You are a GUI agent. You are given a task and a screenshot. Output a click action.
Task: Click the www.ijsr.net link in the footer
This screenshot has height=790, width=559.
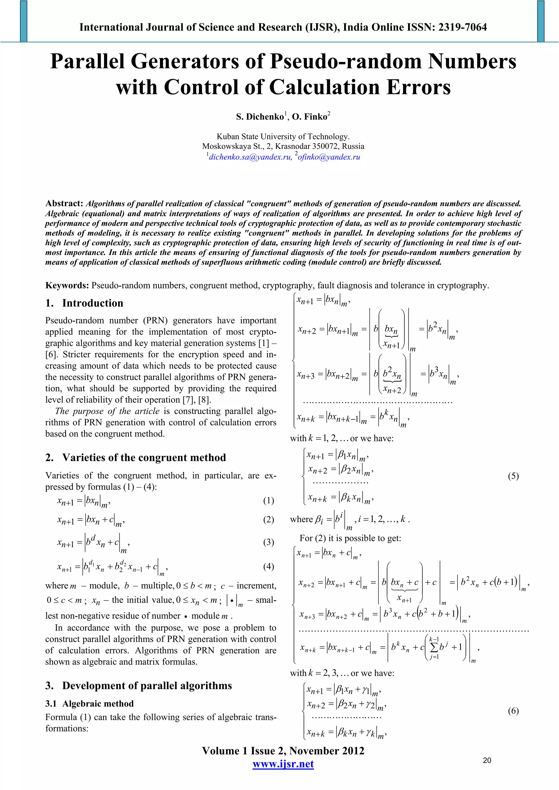(283, 764)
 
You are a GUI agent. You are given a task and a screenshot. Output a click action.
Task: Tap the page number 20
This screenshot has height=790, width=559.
(487, 760)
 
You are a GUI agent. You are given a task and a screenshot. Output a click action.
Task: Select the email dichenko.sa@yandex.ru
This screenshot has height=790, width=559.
(250, 157)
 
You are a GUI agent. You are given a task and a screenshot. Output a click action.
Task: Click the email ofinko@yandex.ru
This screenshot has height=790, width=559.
(329, 157)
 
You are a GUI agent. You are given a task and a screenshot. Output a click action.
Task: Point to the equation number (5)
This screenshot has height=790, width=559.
(513, 476)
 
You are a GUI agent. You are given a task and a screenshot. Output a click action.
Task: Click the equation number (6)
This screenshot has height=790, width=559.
(513, 711)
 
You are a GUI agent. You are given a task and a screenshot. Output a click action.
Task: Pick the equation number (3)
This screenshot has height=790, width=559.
(269, 542)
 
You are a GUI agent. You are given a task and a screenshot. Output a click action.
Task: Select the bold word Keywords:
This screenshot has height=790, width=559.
(67, 286)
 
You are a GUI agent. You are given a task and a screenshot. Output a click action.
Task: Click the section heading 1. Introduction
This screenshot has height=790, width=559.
(84, 303)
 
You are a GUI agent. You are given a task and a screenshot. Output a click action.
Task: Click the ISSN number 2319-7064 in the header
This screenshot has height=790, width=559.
(462, 27)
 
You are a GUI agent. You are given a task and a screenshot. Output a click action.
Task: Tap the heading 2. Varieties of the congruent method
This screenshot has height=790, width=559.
(136, 458)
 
